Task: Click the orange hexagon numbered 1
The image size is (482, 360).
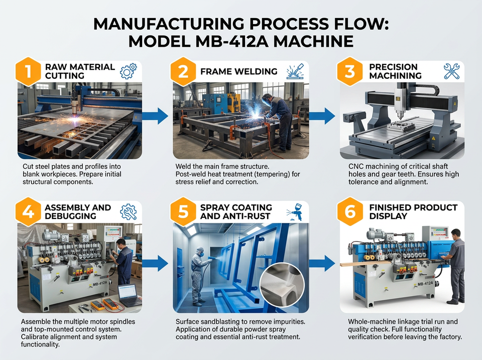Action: coord(28,71)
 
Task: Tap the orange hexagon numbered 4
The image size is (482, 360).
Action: coord(28,211)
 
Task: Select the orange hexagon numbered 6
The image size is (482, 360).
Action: coord(350,211)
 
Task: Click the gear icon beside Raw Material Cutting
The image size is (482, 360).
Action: coord(128,71)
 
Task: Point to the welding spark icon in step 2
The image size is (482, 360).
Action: coord(295,71)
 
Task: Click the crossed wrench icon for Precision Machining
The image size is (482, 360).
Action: coord(451,71)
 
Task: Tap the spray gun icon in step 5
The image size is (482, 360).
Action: coord(295,211)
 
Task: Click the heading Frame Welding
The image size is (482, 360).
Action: coord(239,72)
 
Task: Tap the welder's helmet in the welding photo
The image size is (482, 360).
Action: coord(267,99)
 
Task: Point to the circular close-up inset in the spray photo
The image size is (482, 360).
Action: coord(282,285)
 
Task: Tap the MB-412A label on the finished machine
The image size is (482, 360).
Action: coord(425,284)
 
